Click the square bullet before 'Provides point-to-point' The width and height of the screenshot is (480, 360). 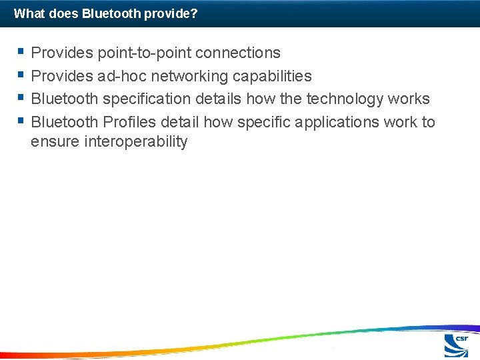pyautogui.click(x=22, y=51)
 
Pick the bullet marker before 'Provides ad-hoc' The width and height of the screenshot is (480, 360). pyautogui.click(x=22, y=75)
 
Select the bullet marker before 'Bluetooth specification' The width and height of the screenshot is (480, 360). pyautogui.click(x=22, y=98)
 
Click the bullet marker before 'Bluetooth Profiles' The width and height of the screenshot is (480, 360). pyautogui.click(x=22, y=121)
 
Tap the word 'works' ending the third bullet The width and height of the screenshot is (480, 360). pyautogui.click(x=409, y=99)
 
